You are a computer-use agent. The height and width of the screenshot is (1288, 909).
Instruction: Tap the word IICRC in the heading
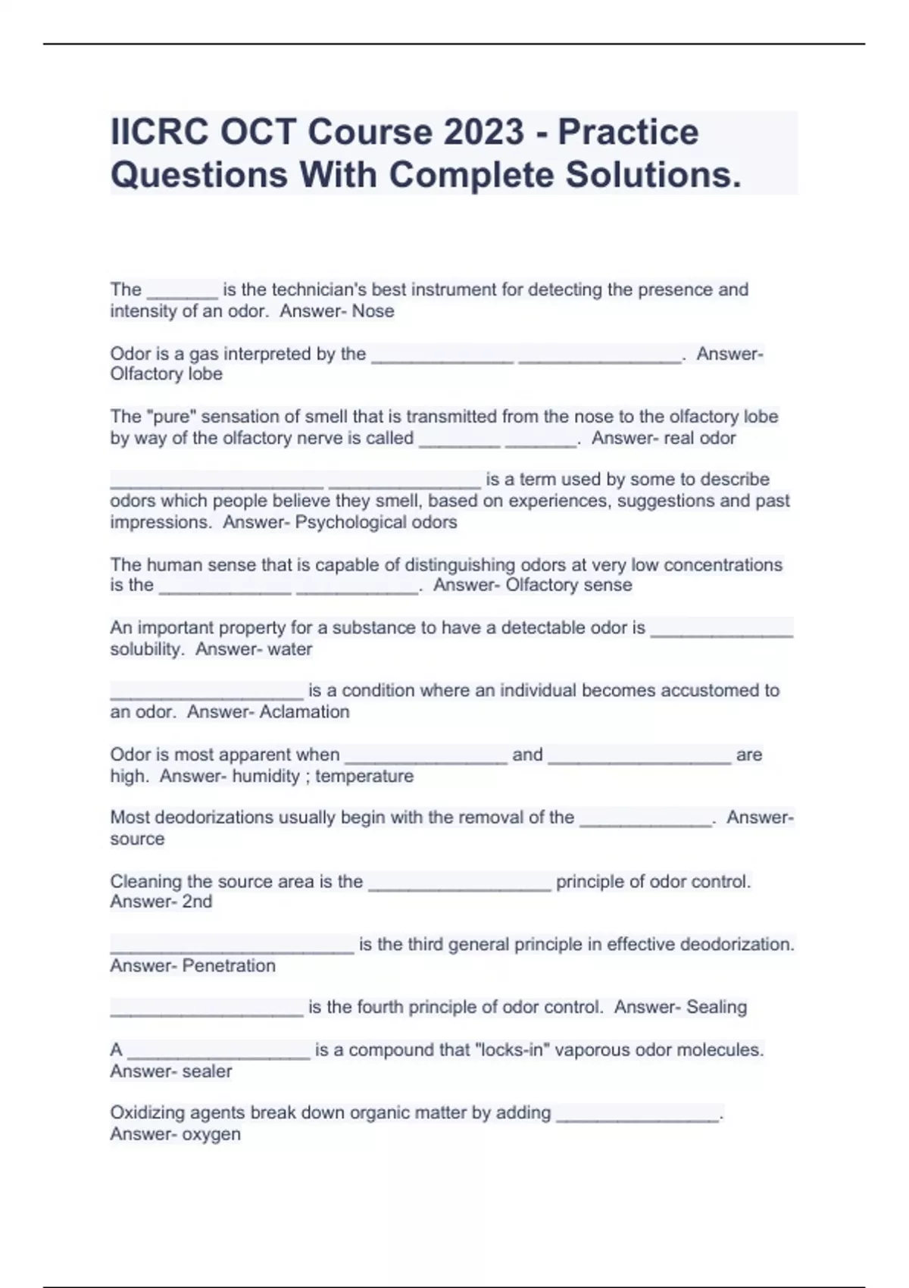tap(161, 132)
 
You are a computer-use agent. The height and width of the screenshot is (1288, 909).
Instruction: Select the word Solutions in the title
tap(653, 175)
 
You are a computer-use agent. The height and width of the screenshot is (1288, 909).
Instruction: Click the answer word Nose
tap(373, 311)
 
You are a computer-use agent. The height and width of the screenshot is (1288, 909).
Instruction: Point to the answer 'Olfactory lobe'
tap(166, 374)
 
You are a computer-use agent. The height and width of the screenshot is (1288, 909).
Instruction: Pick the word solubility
tap(147, 649)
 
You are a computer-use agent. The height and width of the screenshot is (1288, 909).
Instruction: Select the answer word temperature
tap(364, 776)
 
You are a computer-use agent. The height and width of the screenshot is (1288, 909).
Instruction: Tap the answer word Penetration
tap(229, 966)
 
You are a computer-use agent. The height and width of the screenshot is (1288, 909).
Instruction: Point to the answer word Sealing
tap(716, 1007)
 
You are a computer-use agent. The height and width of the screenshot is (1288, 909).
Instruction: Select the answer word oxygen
tap(211, 1134)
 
